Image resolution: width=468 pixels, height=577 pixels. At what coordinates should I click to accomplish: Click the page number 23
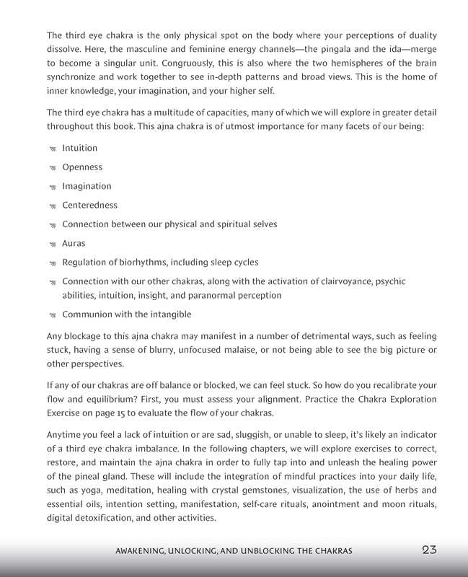[429, 550]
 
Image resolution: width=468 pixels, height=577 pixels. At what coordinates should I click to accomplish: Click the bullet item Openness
[82, 167]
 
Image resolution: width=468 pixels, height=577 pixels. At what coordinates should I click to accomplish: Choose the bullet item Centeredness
[89, 205]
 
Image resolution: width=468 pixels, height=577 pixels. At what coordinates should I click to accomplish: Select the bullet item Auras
[74, 243]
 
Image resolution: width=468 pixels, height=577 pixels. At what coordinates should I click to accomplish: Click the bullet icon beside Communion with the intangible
[53, 315]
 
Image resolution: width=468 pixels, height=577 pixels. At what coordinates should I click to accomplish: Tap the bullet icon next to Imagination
[53, 187]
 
